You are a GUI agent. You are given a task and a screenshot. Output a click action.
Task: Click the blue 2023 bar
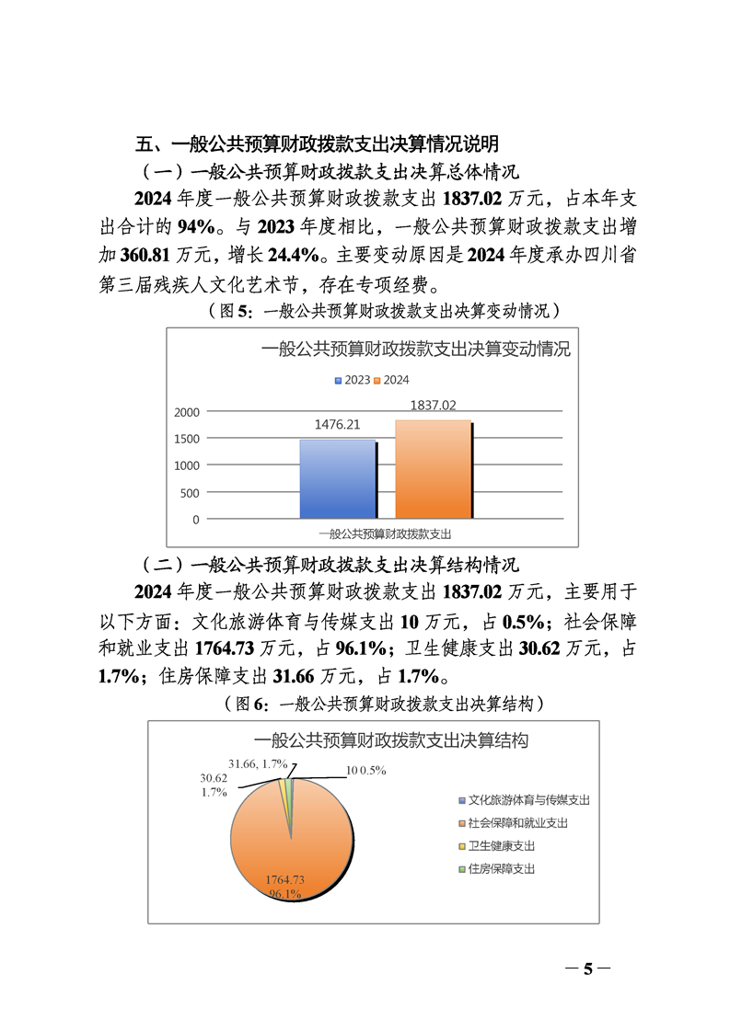coord(337,479)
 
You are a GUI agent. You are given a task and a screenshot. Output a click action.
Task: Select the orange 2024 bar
coord(433,470)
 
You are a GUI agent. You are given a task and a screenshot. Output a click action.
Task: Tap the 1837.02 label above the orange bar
coord(433,405)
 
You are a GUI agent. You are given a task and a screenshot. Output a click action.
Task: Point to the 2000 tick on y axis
coord(186,412)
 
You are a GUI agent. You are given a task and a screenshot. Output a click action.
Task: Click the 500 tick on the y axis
coord(190,493)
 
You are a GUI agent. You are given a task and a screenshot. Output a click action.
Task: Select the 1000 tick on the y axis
coord(186,465)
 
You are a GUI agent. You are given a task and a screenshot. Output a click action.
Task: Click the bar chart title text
coord(416,350)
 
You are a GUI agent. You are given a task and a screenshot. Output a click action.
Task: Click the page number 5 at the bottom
coord(586,968)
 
